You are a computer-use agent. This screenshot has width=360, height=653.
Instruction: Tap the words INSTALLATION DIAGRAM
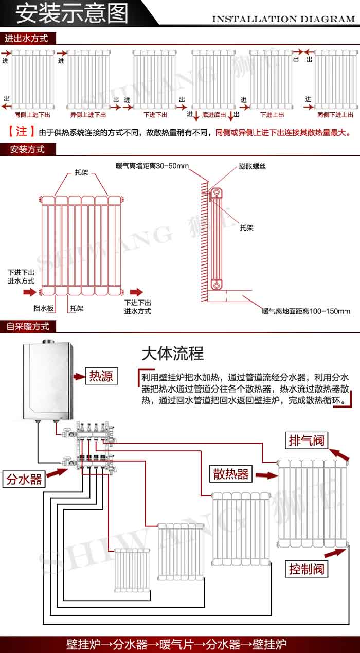(x=283, y=19)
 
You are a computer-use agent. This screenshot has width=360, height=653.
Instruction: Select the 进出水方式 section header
(x=26, y=39)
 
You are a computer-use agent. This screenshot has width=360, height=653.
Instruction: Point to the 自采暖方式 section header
(x=28, y=326)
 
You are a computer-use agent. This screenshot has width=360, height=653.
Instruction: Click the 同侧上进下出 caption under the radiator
(x=32, y=115)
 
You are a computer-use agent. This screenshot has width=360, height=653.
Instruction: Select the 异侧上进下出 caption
(x=88, y=115)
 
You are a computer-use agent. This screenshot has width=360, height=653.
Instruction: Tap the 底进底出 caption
(x=214, y=115)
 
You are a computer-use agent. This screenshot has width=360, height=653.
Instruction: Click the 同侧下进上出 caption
(x=335, y=115)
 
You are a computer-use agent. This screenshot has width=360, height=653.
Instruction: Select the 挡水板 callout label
(x=44, y=308)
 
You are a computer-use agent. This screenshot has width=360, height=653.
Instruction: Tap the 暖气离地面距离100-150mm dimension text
(x=306, y=311)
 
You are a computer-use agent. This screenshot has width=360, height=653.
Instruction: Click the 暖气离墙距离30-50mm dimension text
(x=152, y=166)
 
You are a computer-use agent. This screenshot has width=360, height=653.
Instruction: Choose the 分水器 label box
(x=24, y=480)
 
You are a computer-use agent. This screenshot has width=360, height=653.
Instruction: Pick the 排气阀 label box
(x=307, y=440)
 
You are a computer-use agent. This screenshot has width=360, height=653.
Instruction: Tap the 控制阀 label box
(x=307, y=569)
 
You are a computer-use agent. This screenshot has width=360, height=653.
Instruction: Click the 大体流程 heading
(x=173, y=354)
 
